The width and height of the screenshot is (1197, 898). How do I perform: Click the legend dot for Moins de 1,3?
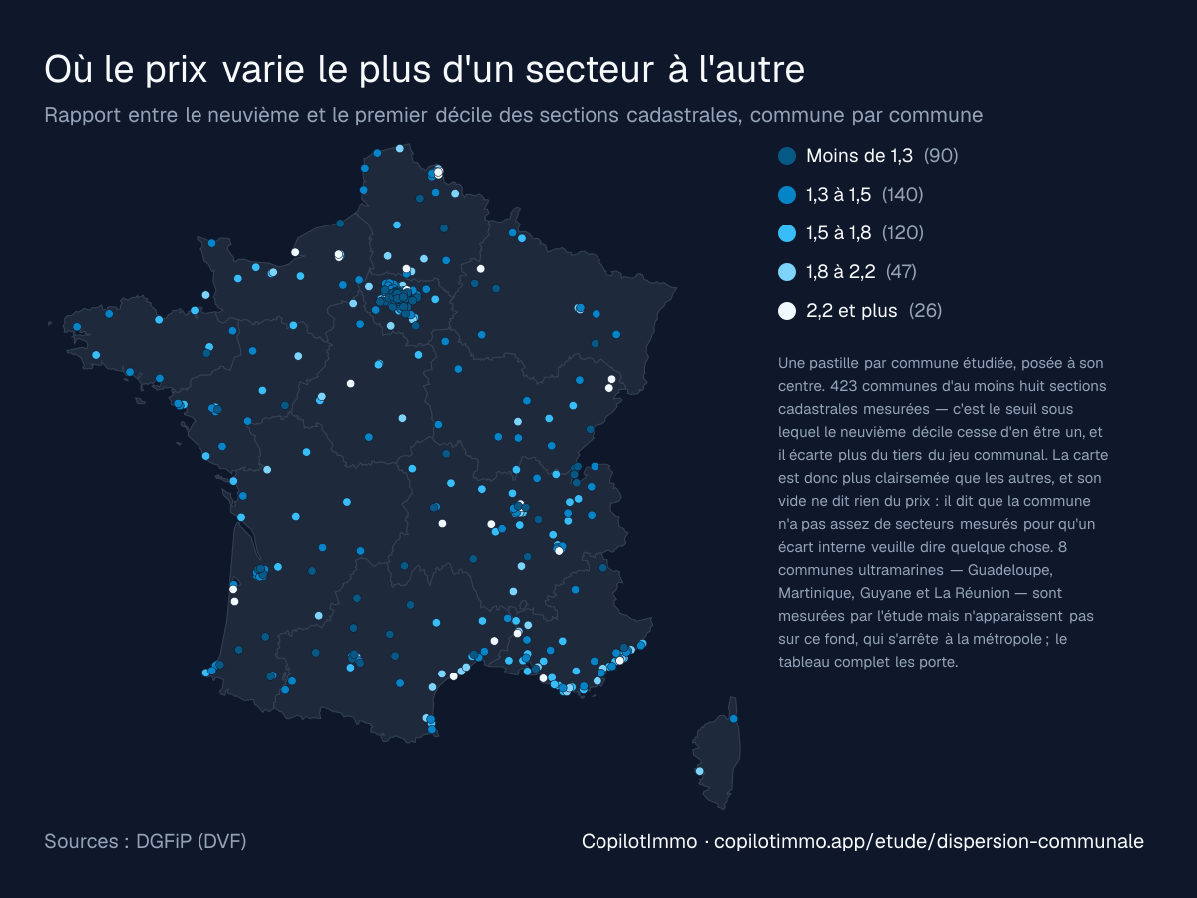click(786, 156)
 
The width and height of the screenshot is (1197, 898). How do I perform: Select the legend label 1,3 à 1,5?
click(838, 195)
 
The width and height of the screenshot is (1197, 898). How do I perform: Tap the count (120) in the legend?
click(903, 233)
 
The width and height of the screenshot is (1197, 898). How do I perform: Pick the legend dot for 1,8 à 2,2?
click(786, 272)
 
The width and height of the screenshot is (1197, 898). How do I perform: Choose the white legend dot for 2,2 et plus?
click(786, 311)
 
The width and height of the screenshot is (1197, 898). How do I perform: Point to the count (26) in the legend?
click(925, 311)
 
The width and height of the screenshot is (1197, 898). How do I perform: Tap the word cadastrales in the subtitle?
click(684, 115)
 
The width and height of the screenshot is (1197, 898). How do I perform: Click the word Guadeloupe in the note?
click(1009, 570)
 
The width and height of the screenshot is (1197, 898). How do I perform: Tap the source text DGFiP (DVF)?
click(191, 841)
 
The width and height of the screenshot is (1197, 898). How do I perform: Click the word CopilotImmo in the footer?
click(639, 841)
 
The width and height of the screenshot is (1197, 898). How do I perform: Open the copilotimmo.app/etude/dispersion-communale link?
click(929, 841)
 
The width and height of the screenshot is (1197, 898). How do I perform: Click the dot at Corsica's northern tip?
click(733, 719)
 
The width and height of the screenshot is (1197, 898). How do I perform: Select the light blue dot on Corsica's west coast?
click(699, 771)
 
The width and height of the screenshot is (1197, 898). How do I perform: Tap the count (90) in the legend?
click(941, 156)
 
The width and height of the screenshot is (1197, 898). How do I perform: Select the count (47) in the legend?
click(901, 272)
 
